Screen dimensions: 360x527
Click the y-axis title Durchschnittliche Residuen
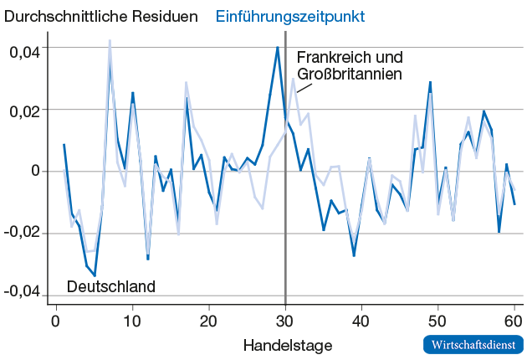102,16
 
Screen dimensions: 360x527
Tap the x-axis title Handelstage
288,344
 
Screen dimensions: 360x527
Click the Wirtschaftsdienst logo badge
473,344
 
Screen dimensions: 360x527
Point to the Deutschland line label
111,286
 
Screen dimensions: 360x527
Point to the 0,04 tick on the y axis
24,49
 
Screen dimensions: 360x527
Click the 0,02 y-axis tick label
24,111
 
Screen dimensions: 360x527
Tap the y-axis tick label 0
35,171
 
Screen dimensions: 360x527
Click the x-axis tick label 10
132,321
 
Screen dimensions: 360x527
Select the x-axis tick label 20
208,321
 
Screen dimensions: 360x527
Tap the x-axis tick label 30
285,321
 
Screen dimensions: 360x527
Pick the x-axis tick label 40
361,321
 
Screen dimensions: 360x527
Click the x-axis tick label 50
437,321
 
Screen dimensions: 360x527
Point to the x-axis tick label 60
514,321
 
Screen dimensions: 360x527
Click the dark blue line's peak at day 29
278,48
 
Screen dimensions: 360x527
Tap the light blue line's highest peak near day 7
110,40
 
